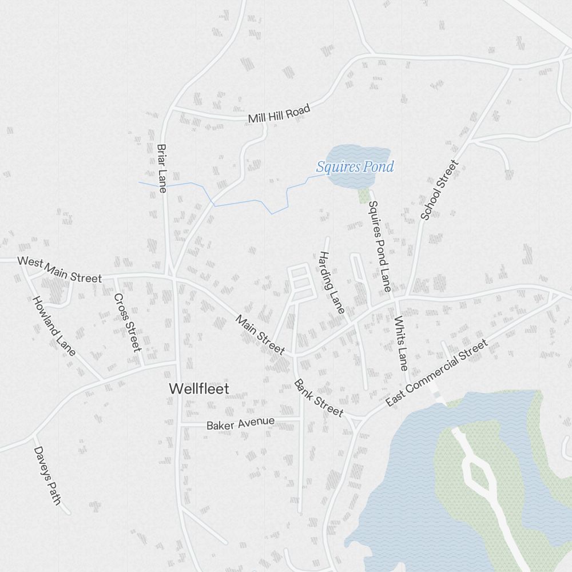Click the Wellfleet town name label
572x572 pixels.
[x=199, y=389]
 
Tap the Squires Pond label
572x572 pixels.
[x=355, y=167]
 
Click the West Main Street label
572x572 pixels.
[x=59, y=269]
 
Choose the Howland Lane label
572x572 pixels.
[x=54, y=326]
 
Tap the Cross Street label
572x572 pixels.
[x=127, y=323]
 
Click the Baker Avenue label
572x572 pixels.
[x=240, y=424]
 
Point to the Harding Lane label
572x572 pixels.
[x=332, y=283]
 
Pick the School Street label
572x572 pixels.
[x=440, y=190]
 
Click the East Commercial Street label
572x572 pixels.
[x=436, y=373]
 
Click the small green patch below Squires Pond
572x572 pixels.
[x=364, y=196]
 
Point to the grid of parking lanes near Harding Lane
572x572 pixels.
[x=302, y=282]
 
